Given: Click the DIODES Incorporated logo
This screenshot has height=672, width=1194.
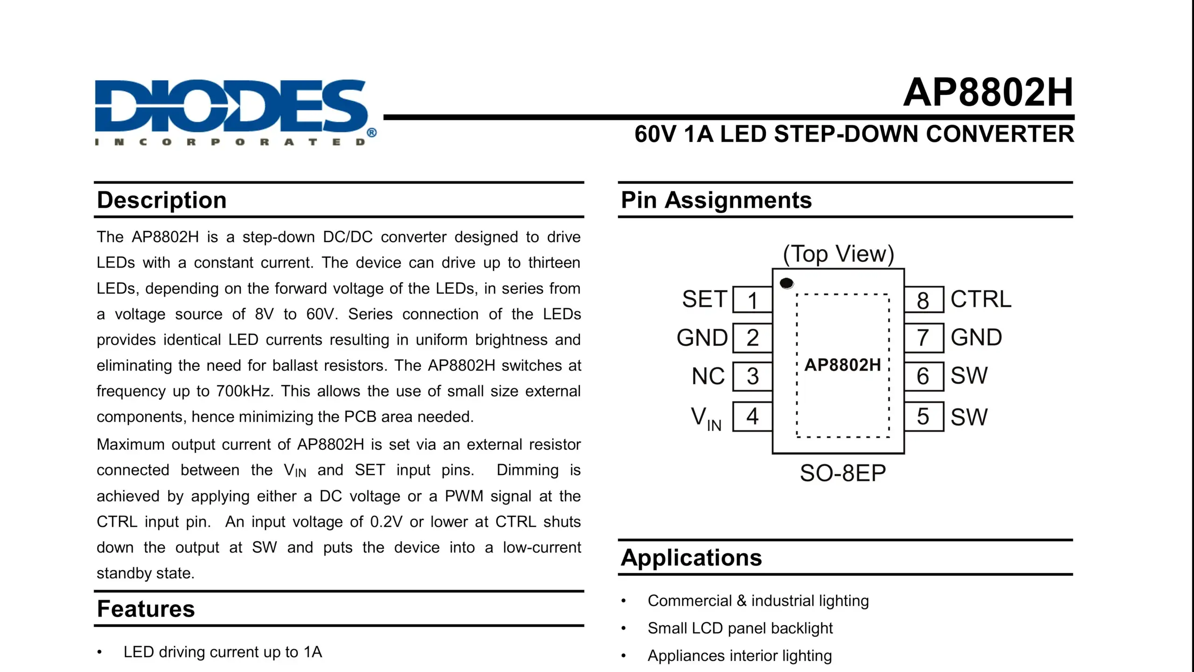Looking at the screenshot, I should pos(233,112).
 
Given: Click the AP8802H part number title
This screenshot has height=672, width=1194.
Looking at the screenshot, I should pos(988,92).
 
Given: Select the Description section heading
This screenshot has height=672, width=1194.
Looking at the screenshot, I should pos(161,200).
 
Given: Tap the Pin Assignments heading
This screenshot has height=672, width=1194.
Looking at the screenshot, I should pos(716,200).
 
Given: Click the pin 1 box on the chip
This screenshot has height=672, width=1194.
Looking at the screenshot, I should pos(752,300).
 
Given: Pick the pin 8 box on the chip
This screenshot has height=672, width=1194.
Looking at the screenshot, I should pos(923,300).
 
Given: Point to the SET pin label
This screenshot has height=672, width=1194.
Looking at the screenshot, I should pos(704,299).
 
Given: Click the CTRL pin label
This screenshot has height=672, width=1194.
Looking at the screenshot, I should pos(981,299).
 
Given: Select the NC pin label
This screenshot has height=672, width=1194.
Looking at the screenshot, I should pos(708,376).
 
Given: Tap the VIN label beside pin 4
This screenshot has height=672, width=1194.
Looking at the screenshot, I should pos(706,418).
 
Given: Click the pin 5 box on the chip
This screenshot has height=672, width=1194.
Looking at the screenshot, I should pos(923,416).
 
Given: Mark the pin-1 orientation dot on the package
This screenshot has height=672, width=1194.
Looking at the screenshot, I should pos(786,283).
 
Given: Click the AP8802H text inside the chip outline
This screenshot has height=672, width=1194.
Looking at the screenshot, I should pos(842,365).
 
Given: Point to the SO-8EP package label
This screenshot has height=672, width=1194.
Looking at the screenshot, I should pos(842,473).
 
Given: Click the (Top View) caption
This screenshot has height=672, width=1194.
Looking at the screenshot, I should pos(838,254).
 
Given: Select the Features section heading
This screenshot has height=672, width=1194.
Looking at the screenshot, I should pos(146,609).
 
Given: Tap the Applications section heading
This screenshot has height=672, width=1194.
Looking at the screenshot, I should pos(691,558).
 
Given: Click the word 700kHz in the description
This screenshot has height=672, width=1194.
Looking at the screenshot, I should pos(244,391).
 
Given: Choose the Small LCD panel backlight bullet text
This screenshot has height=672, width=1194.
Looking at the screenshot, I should pos(740,628).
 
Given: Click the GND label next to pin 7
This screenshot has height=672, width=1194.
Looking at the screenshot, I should pos(976,337).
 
